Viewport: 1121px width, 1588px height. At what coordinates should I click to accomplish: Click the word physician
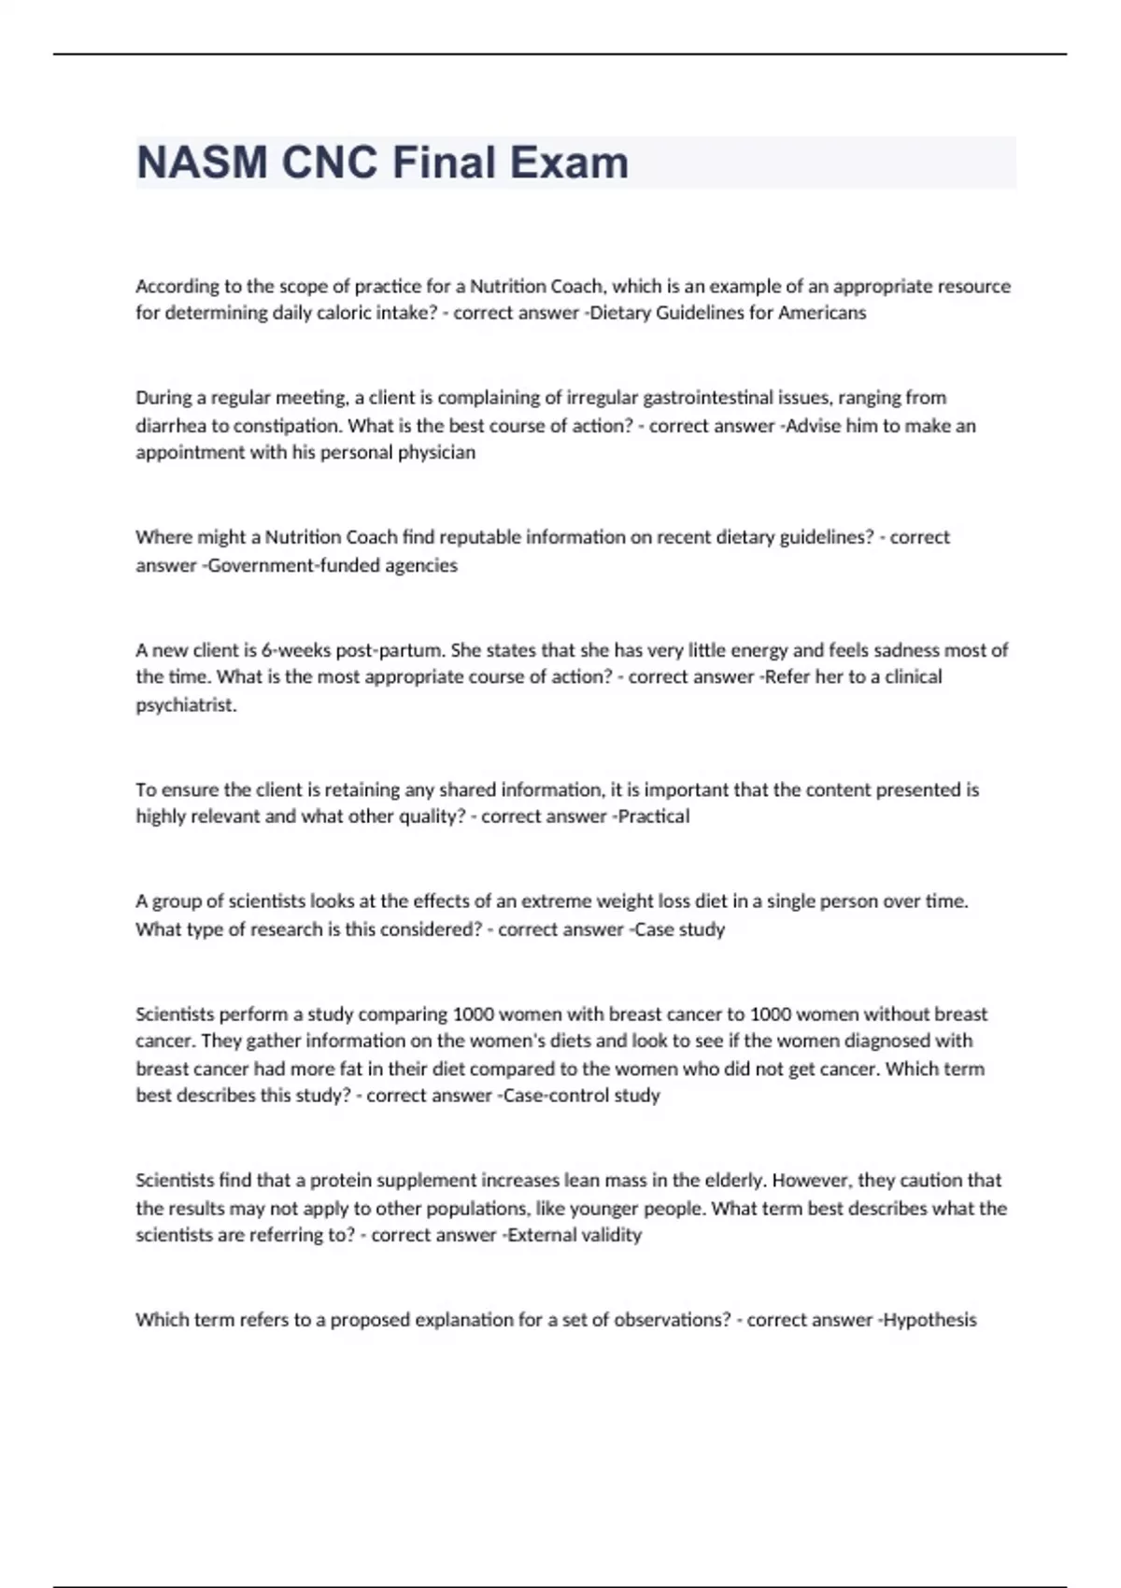tap(437, 453)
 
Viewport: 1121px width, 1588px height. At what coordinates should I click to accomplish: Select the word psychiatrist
tap(186, 705)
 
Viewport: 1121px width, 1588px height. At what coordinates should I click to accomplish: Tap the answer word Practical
tap(654, 816)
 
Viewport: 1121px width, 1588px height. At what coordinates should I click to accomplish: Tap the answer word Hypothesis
tap(929, 1320)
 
